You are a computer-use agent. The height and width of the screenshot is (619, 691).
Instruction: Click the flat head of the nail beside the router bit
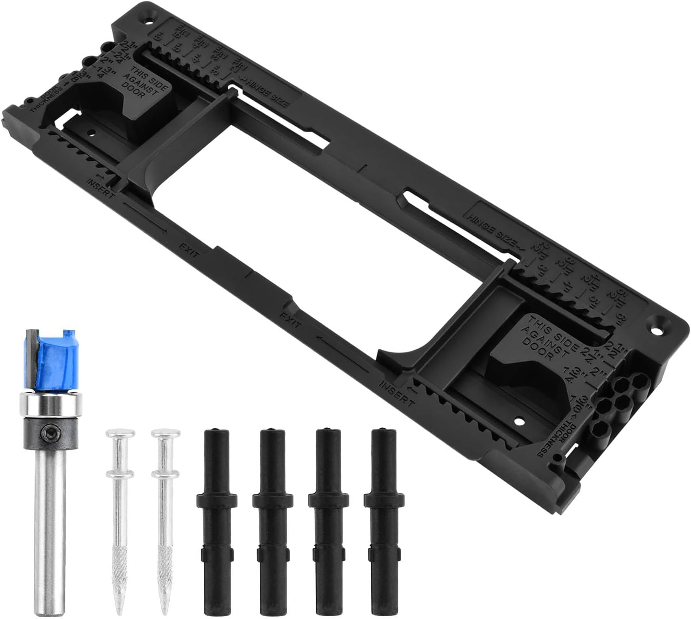[x=120, y=434]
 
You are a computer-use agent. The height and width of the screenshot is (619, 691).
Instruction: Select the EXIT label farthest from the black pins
[x=189, y=249]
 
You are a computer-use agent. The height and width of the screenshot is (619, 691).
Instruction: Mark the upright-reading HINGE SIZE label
[x=492, y=226]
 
